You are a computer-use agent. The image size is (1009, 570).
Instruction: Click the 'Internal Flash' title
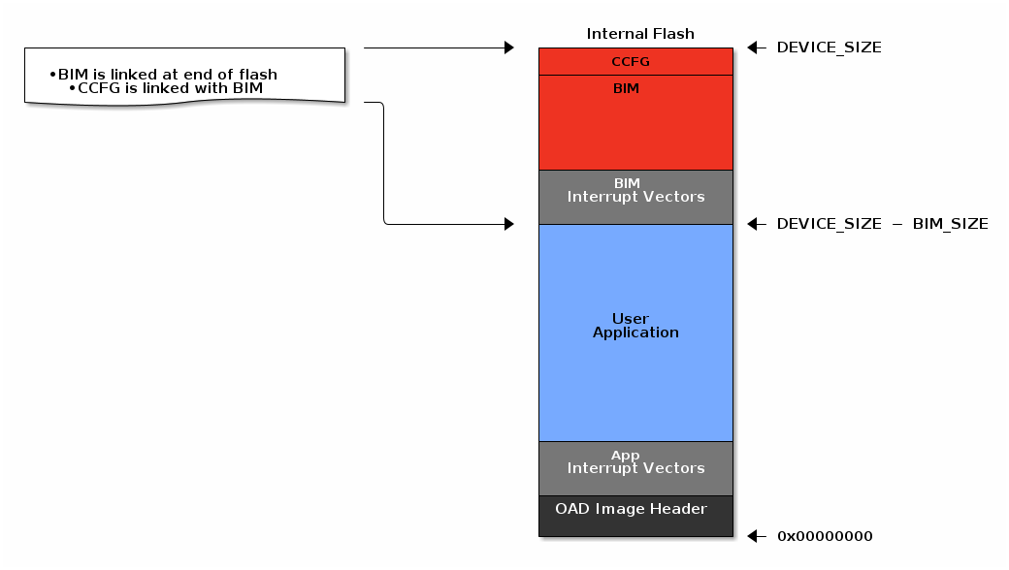(640, 34)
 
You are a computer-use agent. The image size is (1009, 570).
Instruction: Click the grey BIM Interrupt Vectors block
(635, 197)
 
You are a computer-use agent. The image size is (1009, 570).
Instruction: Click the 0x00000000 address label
(825, 536)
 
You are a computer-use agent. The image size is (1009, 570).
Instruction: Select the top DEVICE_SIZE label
(829, 47)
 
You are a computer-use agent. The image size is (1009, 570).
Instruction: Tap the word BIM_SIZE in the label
(950, 224)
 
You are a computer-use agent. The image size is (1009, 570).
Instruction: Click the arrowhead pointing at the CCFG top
(508, 47)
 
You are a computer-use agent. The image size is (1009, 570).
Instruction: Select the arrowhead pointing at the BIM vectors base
(508, 224)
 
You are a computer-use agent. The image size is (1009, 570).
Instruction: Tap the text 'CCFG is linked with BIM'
(170, 88)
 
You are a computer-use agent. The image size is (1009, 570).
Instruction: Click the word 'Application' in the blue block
(635, 332)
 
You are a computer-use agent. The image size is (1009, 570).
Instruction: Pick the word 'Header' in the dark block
(681, 509)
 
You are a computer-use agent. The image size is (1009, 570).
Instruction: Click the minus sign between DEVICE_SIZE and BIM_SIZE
(896, 224)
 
